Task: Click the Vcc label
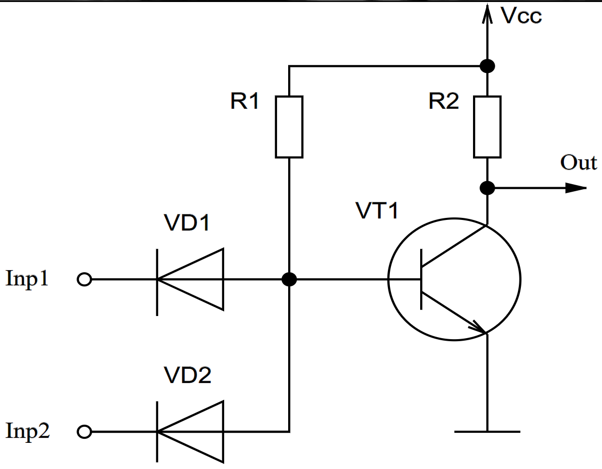(521, 16)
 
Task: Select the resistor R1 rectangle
(289, 126)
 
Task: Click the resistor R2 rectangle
(487, 126)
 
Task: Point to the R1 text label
(245, 102)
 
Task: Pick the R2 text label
(443, 102)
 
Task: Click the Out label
(578, 163)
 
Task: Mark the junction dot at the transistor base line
(289, 279)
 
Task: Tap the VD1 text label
(187, 223)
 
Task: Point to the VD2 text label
(187, 375)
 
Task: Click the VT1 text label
(376, 211)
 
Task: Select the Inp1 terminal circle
(85, 279)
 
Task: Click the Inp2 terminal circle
(85, 431)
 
